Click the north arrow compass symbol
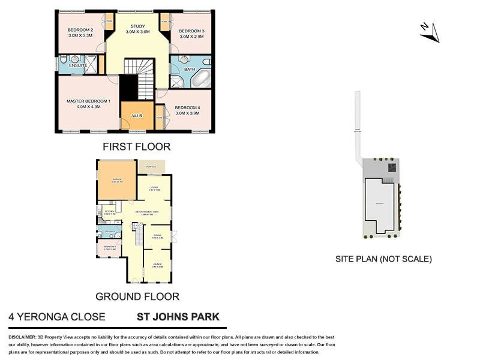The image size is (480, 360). (x=429, y=32)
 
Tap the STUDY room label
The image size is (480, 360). (x=138, y=26)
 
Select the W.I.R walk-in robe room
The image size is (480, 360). (x=136, y=115)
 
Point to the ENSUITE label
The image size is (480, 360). (x=77, y=65)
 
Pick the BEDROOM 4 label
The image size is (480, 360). (x=187, y=108)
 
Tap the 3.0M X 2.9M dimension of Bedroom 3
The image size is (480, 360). (x=191, y=37)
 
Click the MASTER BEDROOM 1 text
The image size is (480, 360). (x=88, y=101)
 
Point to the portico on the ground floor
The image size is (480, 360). (x=152, y=166)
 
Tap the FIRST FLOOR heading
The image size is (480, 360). (x=136, y=146)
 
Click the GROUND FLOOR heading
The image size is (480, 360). (x=137, y=296)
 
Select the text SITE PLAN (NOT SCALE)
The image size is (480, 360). (x=383, y=259)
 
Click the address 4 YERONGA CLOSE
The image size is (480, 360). (x=56, y=317)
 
